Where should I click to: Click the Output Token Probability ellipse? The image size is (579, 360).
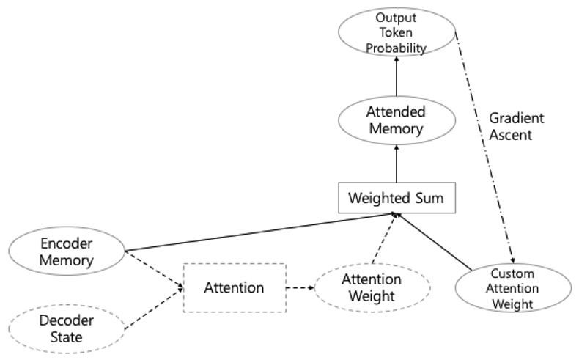[396, 32]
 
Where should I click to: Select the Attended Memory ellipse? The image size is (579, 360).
[396, 120]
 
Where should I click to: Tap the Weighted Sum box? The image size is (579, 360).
[396, 198]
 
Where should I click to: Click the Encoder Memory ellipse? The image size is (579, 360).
[67, 251]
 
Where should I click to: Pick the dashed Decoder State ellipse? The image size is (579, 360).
[67, 328]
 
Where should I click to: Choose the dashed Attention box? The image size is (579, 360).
[234, 287]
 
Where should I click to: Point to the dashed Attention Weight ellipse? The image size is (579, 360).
[372, 287]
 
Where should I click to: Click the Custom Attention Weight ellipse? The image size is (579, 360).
[513, 287]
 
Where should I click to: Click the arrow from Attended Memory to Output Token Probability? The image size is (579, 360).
[396, 77]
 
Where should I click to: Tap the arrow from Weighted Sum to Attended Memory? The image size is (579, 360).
[396, 163]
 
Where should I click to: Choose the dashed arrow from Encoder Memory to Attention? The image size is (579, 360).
[154, 269]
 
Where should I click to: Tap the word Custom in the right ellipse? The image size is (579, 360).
[513, 274]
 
